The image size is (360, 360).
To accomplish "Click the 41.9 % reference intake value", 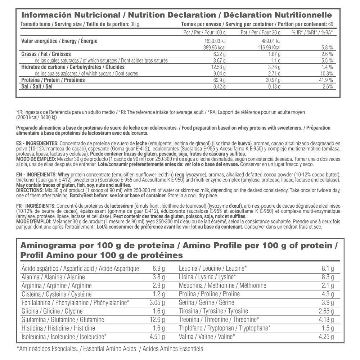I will click(325, 80).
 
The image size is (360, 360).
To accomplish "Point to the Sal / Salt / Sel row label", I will click(37, 87).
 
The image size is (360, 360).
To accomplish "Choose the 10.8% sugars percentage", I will click(326, 73).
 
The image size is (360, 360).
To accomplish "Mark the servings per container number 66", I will click(330, 24).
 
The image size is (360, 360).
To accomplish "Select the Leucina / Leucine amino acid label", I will click(213, 268).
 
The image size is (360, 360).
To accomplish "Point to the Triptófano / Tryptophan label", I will click(225, 328).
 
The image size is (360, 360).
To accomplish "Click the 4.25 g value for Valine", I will click(326, 337).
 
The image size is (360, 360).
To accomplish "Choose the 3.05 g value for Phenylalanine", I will click(156, 302).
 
